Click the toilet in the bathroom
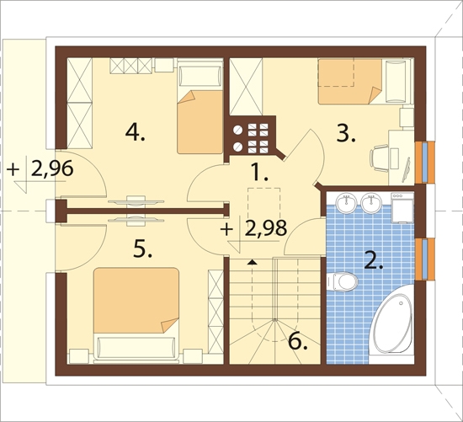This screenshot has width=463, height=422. coord(342,281)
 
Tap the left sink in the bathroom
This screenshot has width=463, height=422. coord(347,203)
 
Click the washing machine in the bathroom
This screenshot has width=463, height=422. coord(402,207)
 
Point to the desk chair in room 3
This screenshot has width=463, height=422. coord(379,158)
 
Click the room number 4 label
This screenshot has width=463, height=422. coord(135,132)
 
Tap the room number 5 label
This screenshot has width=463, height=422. coord(142,248)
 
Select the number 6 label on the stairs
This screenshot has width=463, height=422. coord(298,342)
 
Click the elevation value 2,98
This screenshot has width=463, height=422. coord(266,228)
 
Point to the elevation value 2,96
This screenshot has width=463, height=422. coord(52,169)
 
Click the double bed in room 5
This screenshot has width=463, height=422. coord(136,313)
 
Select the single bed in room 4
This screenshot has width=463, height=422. coord(200,106)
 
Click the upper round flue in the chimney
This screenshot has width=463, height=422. coord(237,130)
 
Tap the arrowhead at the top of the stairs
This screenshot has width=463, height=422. coord(252,262)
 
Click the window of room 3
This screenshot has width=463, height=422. coord(424,163)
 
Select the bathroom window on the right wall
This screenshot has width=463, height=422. coord(424,259)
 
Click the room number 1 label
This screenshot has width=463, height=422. coord(259,172)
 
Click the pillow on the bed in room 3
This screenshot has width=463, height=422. coord(396,81)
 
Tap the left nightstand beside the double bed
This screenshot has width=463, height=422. coord(79,355)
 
